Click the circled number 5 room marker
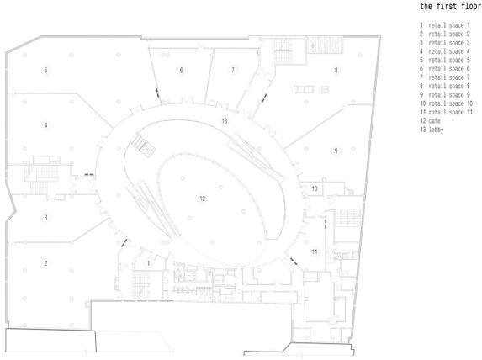click(45, 70)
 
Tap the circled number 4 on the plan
click(45, 125)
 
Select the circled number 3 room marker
click(45, 218)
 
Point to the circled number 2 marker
click(45, 263)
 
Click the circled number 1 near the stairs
click(148, 263)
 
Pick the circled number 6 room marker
click(181, 70)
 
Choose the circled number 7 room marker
click(233, 70)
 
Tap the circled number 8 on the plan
click(336, 70)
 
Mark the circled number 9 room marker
click(336, 151)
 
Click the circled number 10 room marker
click(314, 188)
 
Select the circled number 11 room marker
click(314, 251)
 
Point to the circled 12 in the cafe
click(202, 199)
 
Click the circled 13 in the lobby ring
click(225, 121)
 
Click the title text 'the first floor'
click(451, 6)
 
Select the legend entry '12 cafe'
click(431, 121)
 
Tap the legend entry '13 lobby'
click(432, 130)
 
